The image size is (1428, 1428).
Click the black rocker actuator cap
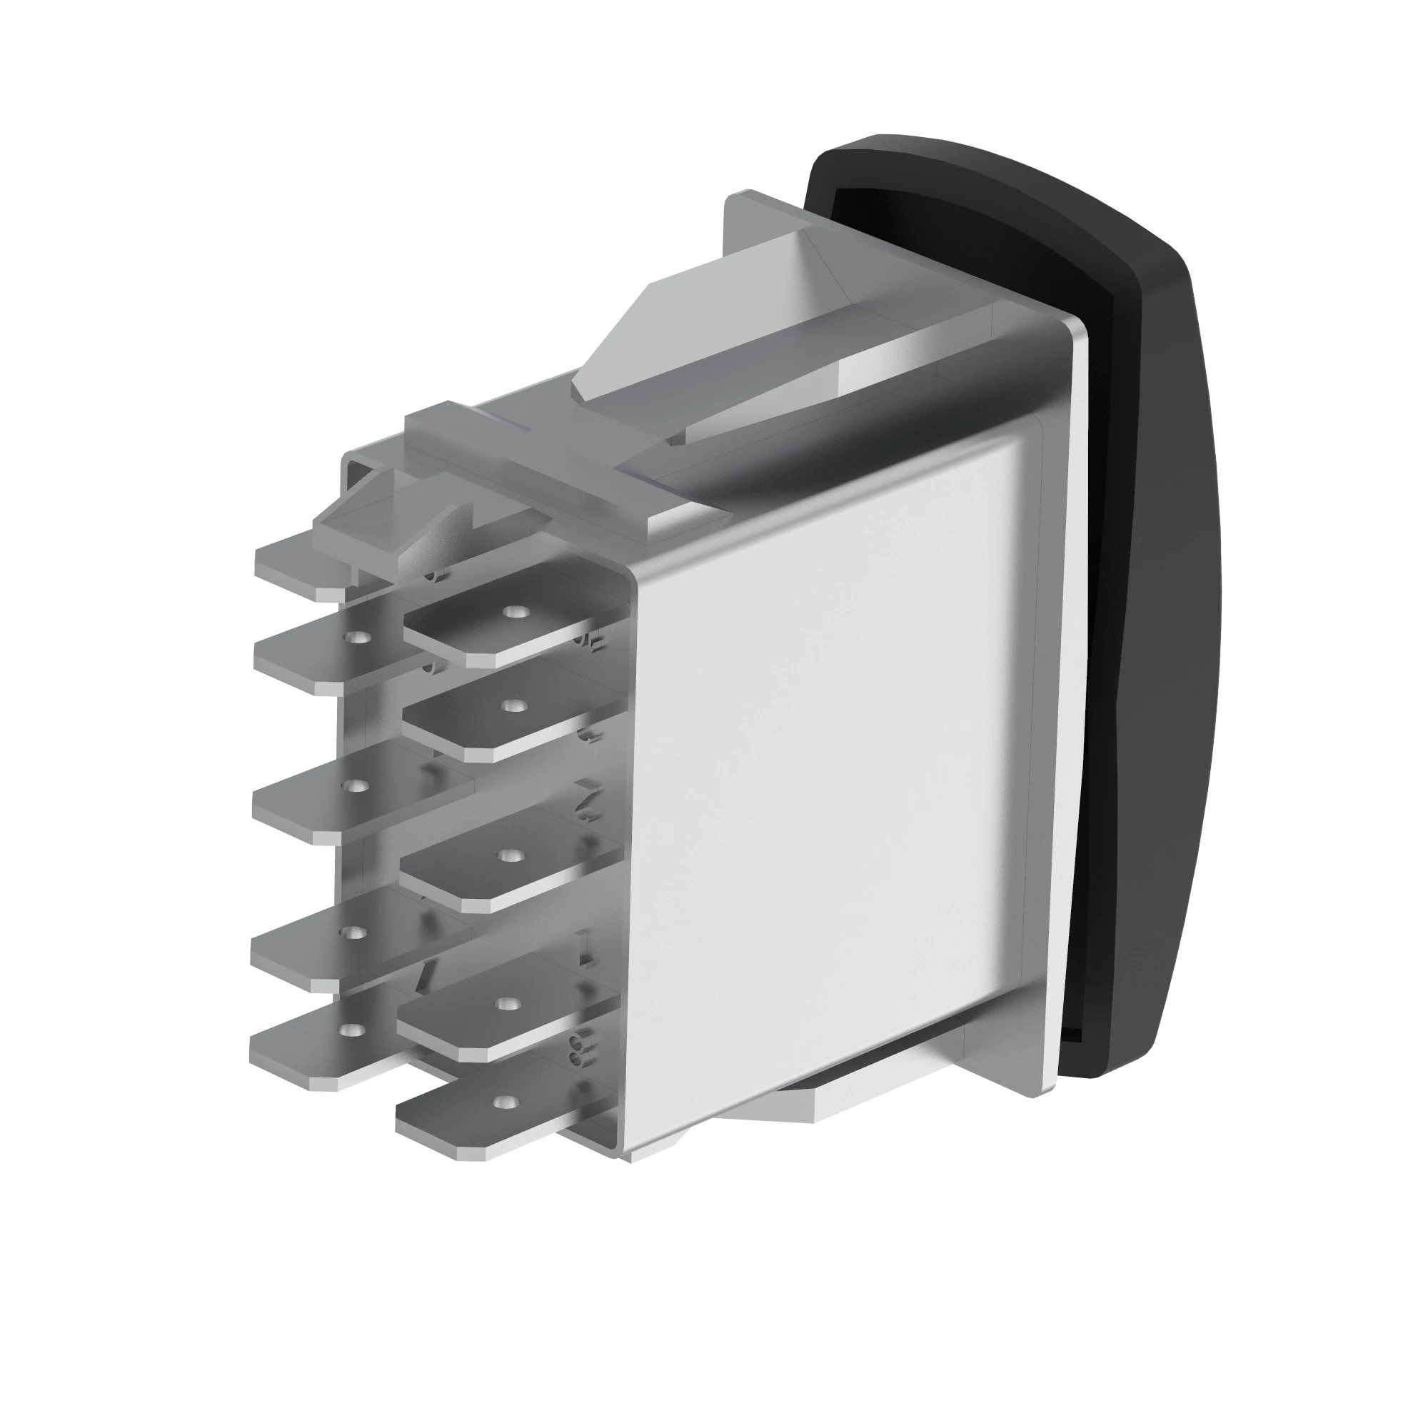pos(1153,591)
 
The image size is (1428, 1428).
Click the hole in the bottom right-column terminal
pos(503,1102)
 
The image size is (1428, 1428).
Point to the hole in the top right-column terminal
pos(511,612)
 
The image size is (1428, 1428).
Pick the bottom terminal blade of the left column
pos(311,1050)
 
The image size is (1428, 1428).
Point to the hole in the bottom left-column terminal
pos(353,1029)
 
